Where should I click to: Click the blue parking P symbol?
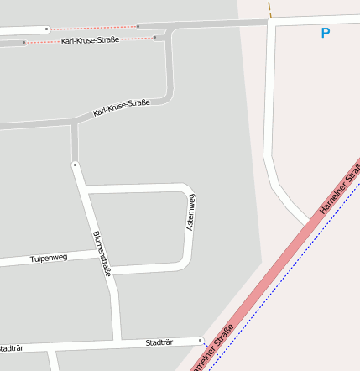click(326, 34)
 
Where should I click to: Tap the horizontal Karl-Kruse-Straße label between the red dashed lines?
click(89, 40)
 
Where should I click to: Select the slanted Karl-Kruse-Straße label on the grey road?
click(122, 107)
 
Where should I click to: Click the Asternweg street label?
click(191, 212)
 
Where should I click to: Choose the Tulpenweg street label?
click(49, 258)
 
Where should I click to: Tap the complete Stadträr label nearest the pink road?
click(159, 342)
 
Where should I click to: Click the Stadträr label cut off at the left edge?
click(10, 348)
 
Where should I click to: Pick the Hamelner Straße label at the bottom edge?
click(211, 349)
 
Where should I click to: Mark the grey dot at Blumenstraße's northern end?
click(75, 165)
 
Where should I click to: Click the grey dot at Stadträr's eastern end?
click(201, 340)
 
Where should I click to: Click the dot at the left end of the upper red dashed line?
click(47, 29)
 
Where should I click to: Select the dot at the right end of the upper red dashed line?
click(138, 26)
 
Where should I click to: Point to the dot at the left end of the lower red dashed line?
click(24, 42)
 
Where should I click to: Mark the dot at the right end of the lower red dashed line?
click(155, 37)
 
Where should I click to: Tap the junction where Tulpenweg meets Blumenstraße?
click(100, 253)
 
